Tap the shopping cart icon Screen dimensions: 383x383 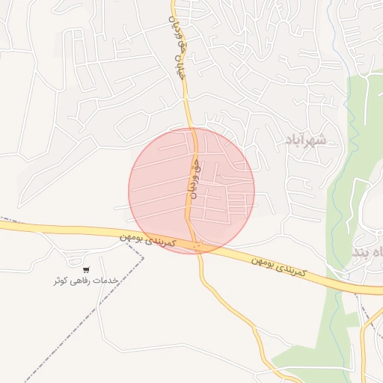tap(87, 269)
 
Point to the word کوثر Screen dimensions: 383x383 tap(63, 281)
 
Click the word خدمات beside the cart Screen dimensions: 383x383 tap(106, 280)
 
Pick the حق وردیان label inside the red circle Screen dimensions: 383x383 tap(191, 177)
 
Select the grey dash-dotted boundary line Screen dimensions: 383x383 tap(75, 329)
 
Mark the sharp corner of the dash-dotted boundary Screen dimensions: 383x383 tap(142, 246)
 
